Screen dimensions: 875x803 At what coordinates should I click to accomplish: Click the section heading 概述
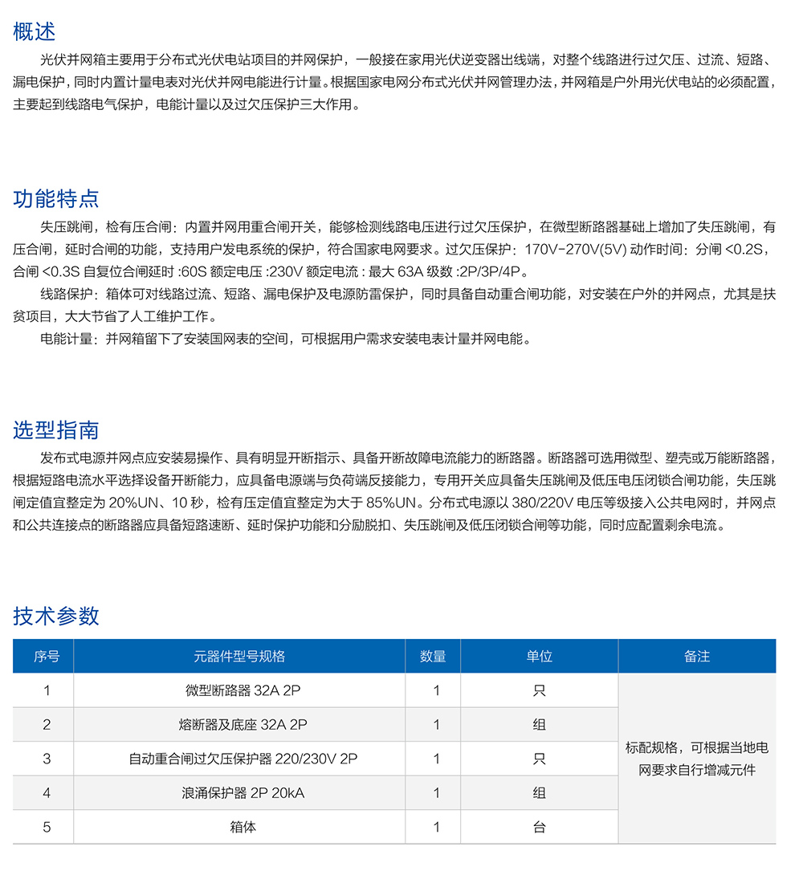[35, 32]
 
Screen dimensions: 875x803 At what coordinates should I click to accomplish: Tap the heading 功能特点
[56, 198]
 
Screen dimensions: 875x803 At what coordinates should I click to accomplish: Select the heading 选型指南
[56, 430]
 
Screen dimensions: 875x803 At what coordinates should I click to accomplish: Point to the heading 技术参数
[56, 616]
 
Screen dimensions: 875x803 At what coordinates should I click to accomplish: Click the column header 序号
[47, 656]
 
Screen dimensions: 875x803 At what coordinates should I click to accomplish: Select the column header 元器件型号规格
[239, 656]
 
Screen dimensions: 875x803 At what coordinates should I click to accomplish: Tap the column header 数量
[433, 656]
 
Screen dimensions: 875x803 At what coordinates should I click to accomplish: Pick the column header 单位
[539, 656]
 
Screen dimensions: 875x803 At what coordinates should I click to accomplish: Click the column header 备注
[697, 656]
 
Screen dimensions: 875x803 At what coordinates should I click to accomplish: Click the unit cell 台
[539, 827]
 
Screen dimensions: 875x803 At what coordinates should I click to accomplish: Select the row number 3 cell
[47, 759]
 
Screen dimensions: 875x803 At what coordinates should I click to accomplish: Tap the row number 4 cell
[47, 793]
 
